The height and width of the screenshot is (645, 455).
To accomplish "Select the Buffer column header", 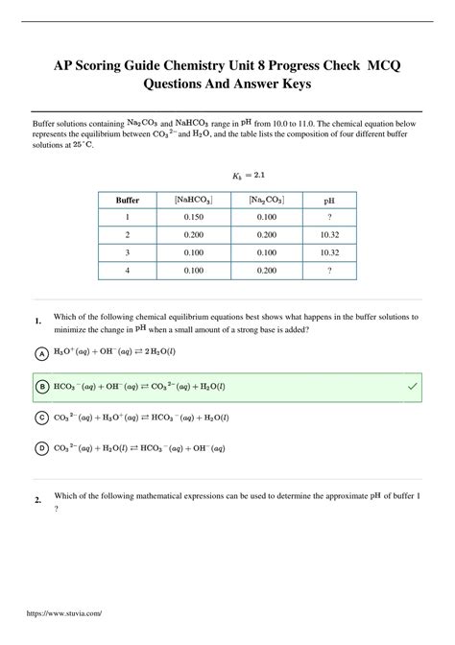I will tap(128, 201).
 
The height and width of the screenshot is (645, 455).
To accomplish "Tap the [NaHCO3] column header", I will tap(193, 201).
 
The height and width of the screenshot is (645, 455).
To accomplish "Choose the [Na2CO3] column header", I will tap(261, 201).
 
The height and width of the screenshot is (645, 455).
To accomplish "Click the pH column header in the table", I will tap(328, 201).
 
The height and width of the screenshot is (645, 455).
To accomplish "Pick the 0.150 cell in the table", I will tap(193, 218).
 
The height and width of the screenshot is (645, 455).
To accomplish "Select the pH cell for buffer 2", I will tap(328, 235).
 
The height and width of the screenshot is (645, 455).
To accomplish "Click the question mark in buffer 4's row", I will tap(328, 271).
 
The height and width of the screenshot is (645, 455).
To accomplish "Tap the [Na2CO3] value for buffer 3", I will tap(261, 253).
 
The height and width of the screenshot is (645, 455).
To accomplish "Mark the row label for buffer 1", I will tap(128, 218).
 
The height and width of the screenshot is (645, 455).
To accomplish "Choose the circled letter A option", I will tap(41, 353).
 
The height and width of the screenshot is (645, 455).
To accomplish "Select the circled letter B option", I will tap(41, 386).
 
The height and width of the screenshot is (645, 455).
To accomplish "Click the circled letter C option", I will tap(41, 418).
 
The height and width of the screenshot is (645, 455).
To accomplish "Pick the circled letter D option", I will tap(41, 448).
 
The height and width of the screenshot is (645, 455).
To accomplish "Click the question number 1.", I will tap(37, 321).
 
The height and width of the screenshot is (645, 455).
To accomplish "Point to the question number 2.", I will tap(37, 500).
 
